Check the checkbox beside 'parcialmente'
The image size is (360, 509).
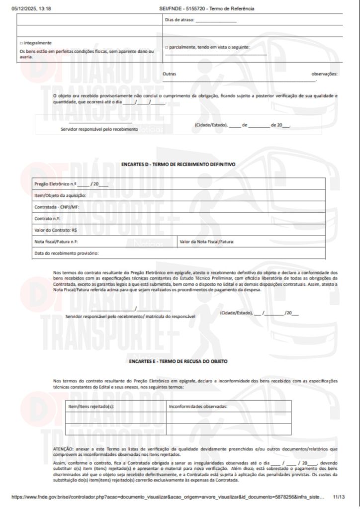[167, 47]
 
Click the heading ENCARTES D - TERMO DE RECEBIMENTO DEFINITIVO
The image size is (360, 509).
[178, 164]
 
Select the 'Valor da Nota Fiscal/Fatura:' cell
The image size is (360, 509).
[207, 242]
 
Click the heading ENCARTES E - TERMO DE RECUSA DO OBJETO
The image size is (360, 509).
[178, 360]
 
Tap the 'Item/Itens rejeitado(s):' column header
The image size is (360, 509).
[91, 406]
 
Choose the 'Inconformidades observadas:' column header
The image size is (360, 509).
[198, 406]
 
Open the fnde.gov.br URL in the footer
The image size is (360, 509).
[164, 497]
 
